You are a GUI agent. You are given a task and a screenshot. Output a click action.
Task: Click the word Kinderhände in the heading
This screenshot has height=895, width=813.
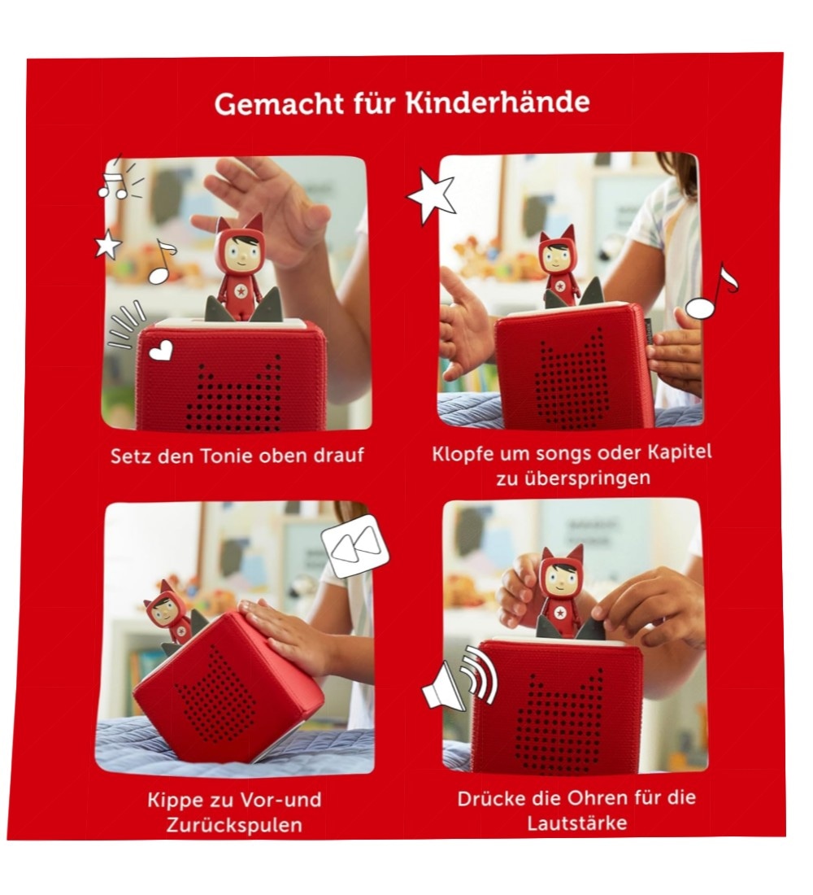coord(498,103)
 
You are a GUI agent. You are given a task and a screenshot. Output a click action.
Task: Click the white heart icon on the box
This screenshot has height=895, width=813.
coord(161,349)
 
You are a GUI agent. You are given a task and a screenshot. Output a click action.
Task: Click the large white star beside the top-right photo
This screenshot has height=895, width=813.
coord(432,195)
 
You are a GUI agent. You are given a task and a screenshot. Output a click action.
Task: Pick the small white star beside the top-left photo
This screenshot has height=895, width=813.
coord(108,244)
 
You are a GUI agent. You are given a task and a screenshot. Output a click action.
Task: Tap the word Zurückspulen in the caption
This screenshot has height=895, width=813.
coord(234,825)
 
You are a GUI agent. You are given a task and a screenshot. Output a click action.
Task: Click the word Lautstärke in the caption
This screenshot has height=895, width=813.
coord(576,823)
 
